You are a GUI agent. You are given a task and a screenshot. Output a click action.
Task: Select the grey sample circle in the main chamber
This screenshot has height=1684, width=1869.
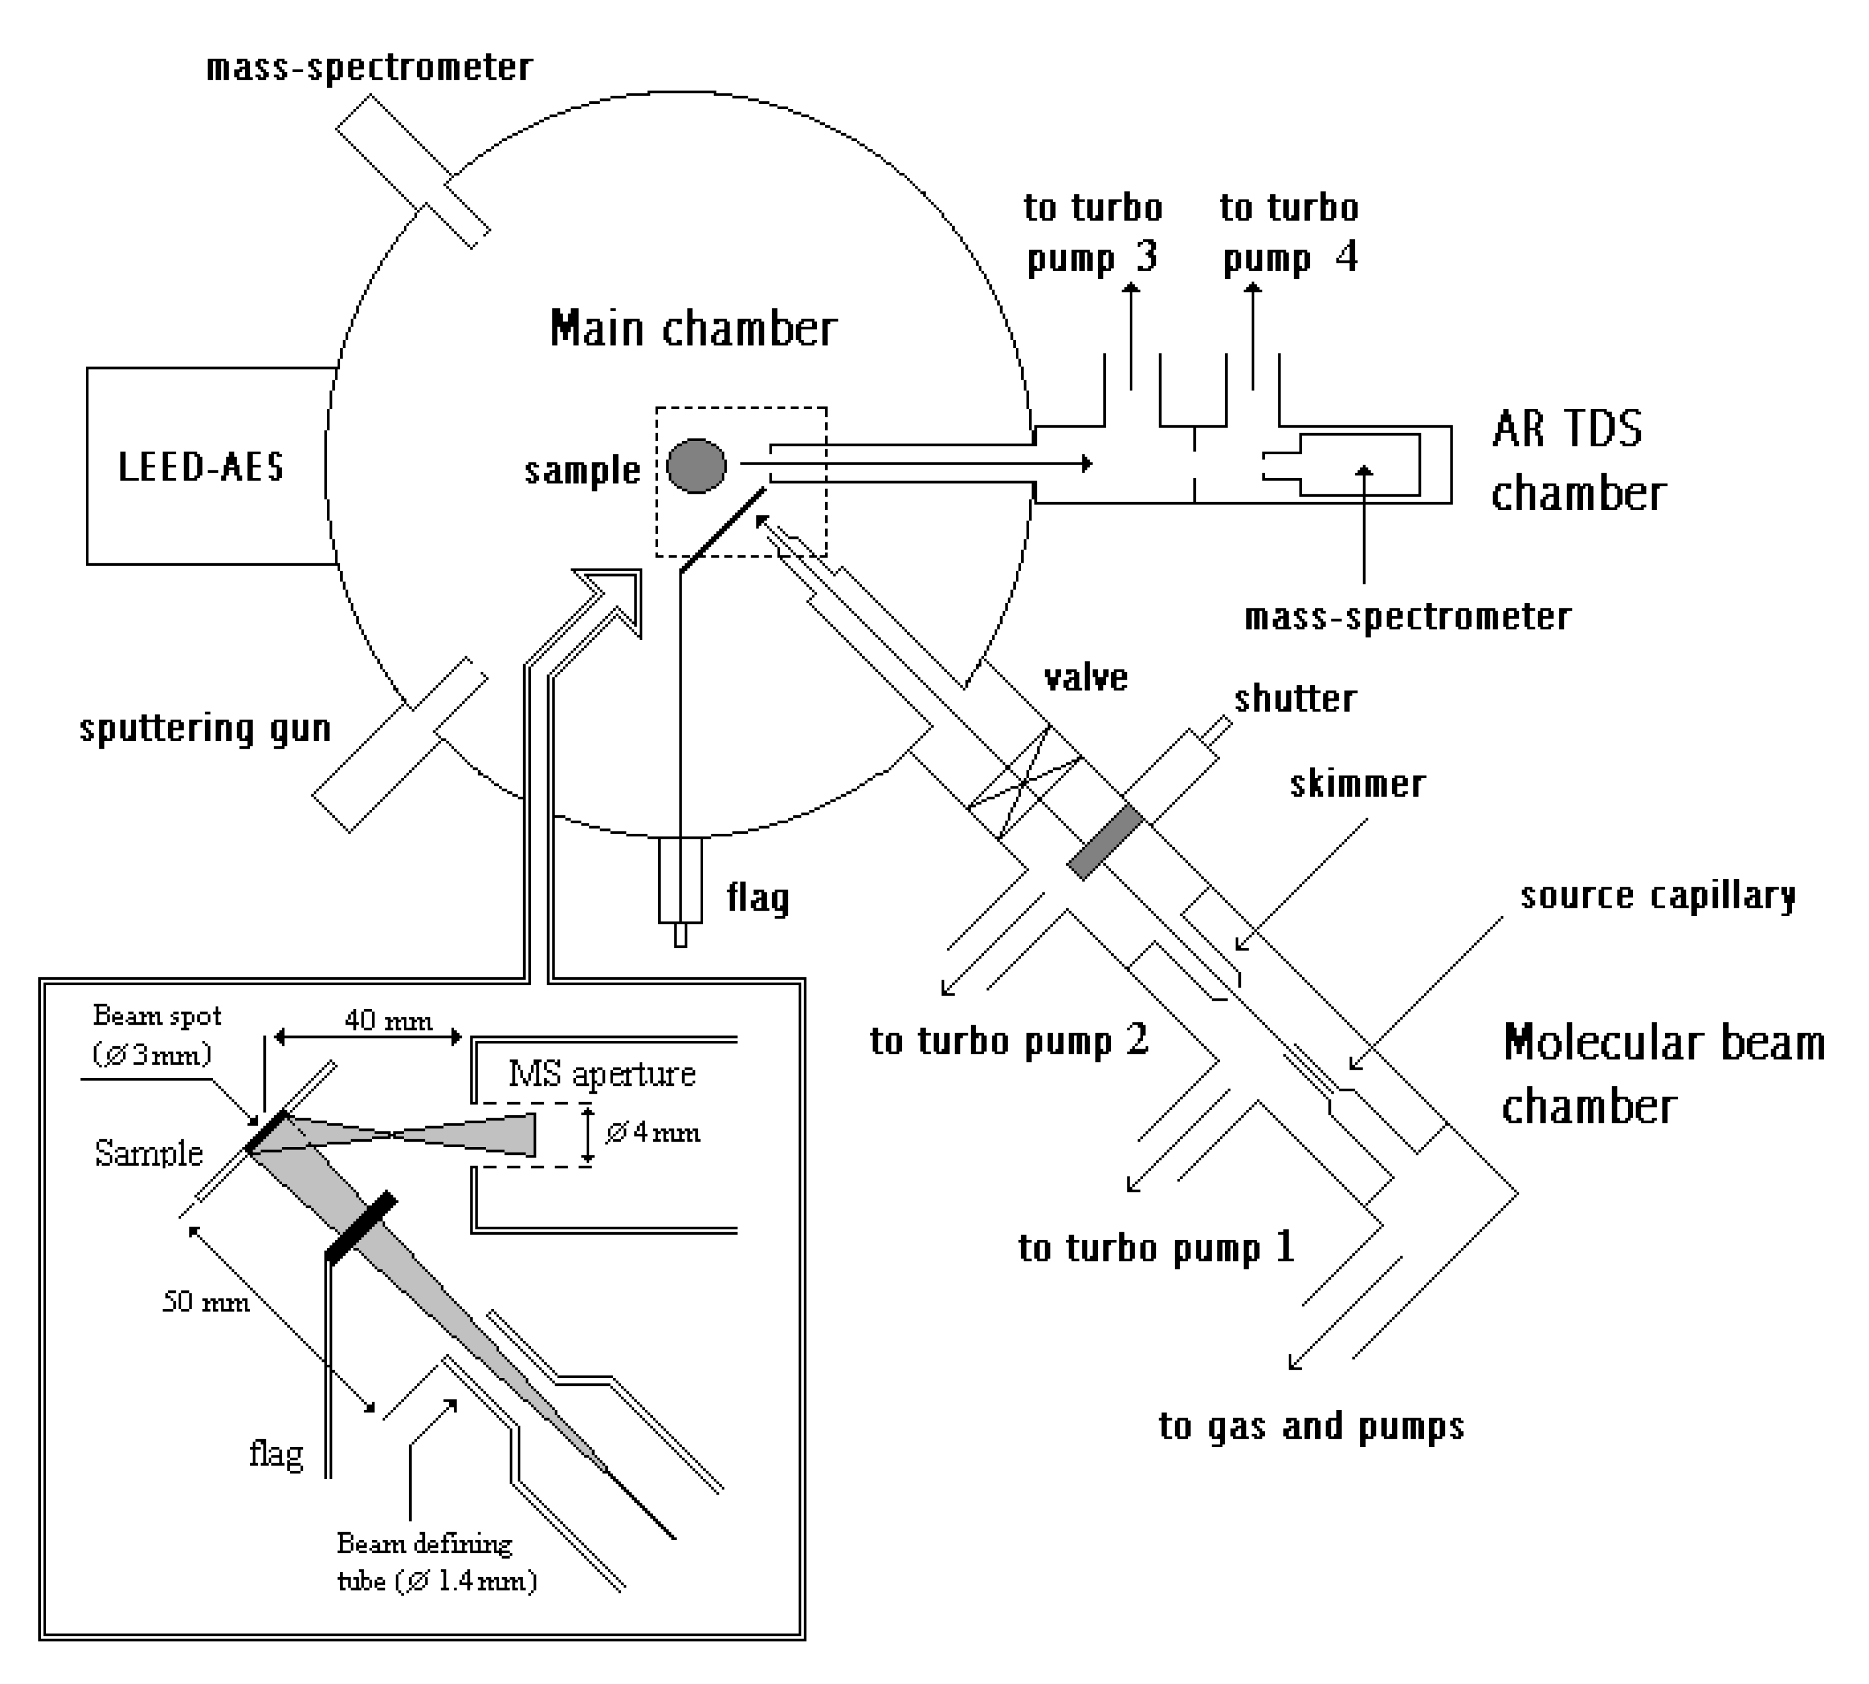pyautogui.click(x=696, y=466)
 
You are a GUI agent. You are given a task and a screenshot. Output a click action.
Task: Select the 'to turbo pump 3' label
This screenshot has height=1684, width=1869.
pyautogui.click(x=1093, y=233)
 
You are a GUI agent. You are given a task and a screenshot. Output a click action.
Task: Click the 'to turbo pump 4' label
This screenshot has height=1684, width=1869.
pyautogui.click(x=1289, y=233)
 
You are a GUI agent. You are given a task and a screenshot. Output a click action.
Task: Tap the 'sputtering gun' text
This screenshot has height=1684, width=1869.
pyautogui.click(x=205, y=728)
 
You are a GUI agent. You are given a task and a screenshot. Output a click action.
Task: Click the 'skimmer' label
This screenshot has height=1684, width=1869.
pyautogui.click(x=1357, y=785)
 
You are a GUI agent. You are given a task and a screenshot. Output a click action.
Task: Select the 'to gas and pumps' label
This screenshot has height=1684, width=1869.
pyautogui.click(x=1311, y=1426)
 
